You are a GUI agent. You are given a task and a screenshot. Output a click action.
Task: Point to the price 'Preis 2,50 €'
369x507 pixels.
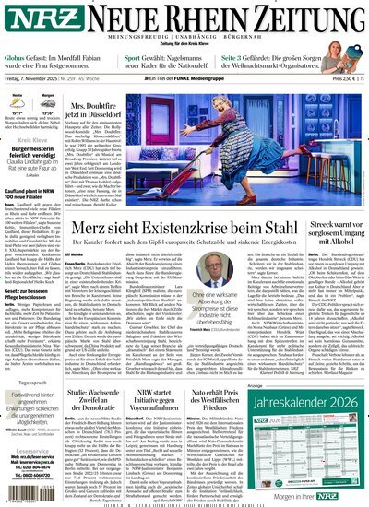pyautogui.click(x=342, y=81)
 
